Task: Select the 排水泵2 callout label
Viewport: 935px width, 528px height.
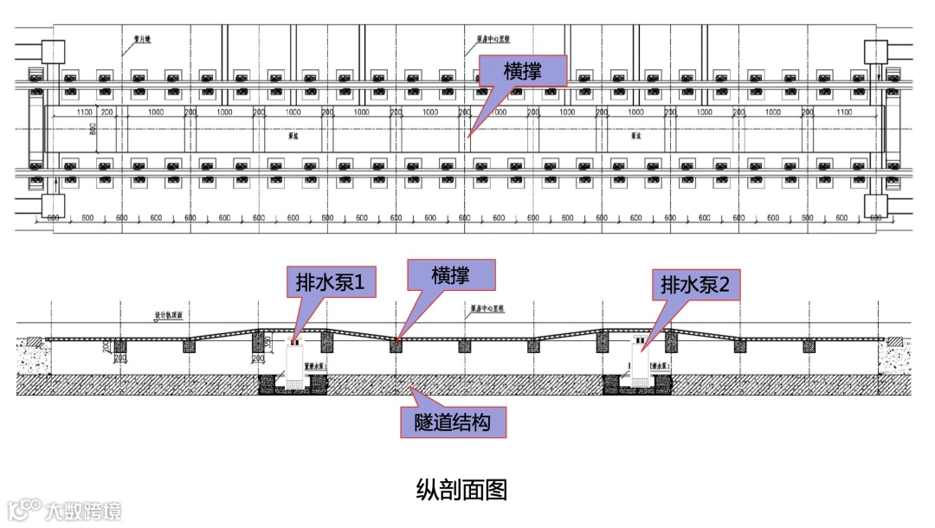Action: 696,283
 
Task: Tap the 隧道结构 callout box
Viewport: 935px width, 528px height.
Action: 452,422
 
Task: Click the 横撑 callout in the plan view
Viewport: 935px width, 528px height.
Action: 523,71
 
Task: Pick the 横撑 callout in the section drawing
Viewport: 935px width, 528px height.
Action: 451,276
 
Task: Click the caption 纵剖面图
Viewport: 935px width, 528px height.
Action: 461,490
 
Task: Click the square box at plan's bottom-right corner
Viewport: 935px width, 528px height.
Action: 877,207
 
